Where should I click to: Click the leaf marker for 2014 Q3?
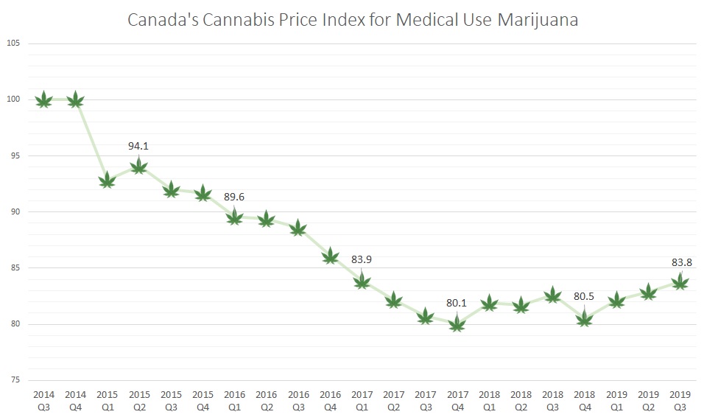point(43,99)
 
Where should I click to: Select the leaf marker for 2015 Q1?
point(107,180)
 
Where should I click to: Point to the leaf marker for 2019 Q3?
point(680,281)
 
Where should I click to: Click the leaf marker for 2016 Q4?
point(331,256)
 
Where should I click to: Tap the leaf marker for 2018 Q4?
point(584,318)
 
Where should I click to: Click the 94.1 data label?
point(138,146)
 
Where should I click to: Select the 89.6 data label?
point(234,197)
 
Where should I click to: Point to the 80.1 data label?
point(457,302)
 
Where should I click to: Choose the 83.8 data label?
point(680,262)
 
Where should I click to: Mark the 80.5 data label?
point(584,298)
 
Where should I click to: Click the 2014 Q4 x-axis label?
point(75,399)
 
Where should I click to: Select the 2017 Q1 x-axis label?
point(362,399)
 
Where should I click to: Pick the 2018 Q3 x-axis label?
point(552,399)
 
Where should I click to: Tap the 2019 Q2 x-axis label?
point(648,399)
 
